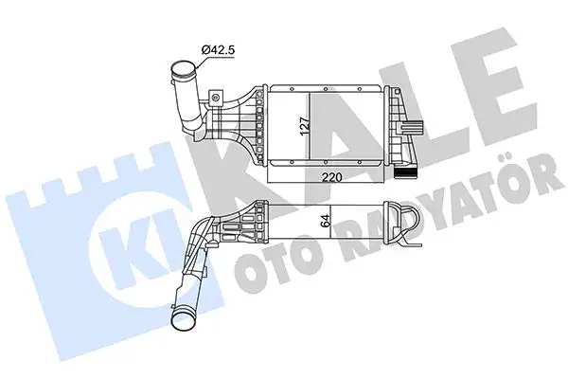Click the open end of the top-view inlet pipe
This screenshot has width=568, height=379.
[x=180, y=68]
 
